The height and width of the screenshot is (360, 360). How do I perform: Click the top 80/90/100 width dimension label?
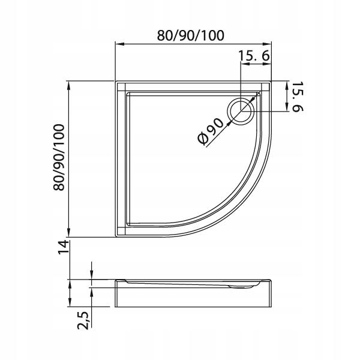191,34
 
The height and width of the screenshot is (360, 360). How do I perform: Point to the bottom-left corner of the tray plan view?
116,237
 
